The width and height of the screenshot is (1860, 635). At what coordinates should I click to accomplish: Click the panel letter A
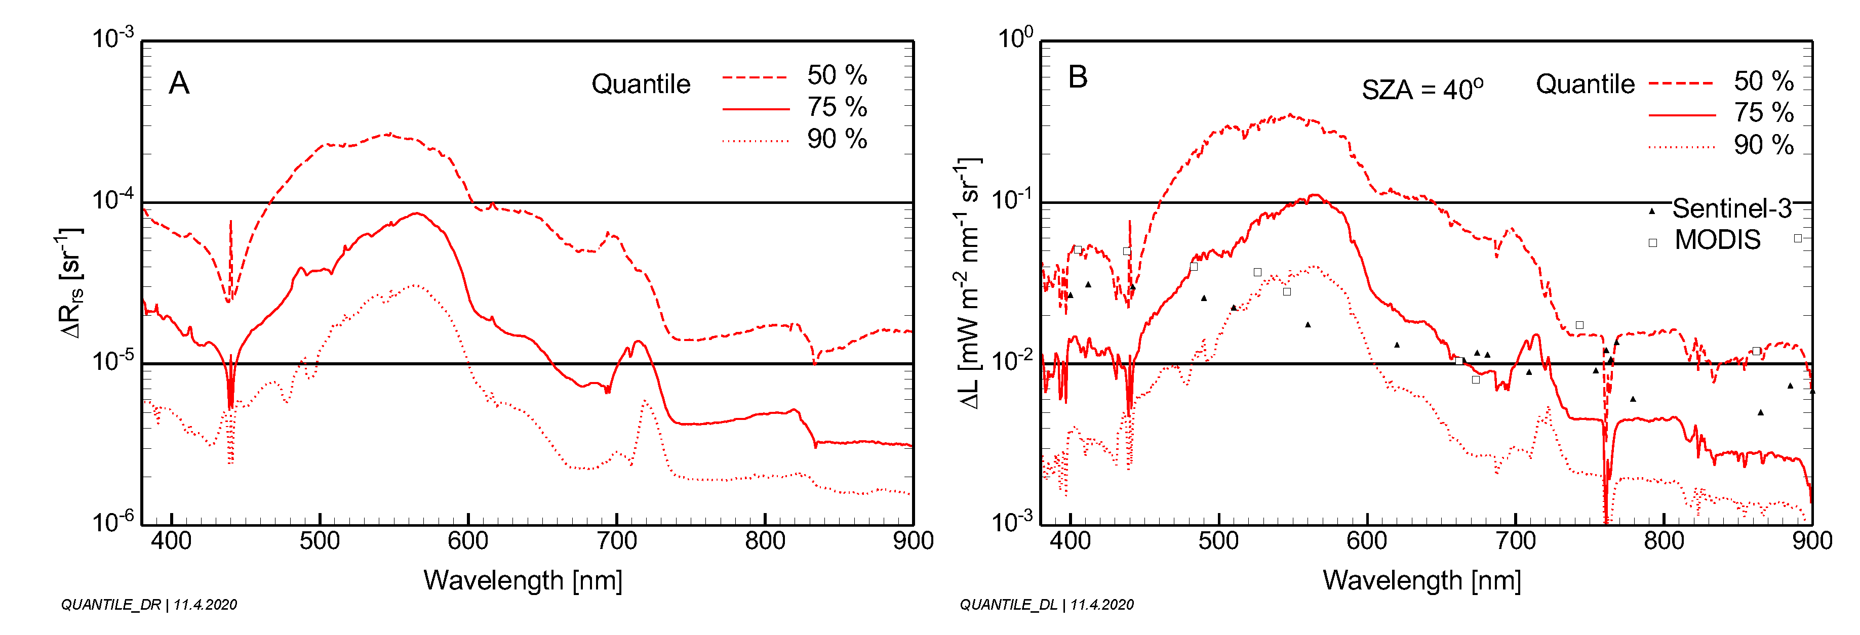(x=179, y=83)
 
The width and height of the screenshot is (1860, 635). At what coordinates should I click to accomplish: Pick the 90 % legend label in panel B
(x=1763, y=145)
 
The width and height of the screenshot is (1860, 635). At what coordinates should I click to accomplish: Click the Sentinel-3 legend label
(x=1731, y=208)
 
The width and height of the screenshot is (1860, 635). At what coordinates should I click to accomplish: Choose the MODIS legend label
(x=1717, y=239)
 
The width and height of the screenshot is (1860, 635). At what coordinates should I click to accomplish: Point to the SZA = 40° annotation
(x=1422, y=90)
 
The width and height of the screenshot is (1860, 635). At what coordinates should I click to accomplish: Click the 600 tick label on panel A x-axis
(x=468, y=540)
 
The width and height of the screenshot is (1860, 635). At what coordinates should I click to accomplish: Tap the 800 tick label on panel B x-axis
(x=1664, y=540)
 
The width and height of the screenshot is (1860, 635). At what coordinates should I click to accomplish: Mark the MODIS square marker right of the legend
(x=1798, y=238)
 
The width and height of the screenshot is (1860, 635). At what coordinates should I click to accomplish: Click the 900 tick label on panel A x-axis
(x=913, y=540)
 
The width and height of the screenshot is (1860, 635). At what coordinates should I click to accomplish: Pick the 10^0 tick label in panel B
(x=1014, y=37)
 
